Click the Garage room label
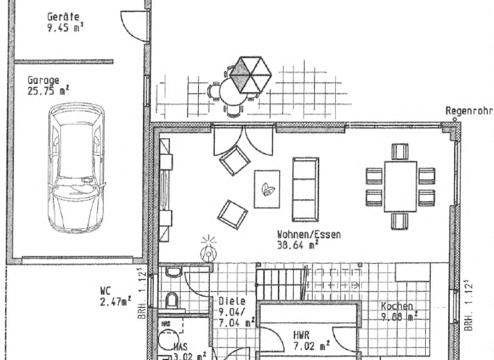click(x=43, y=80)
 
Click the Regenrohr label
click(x=468, y=111)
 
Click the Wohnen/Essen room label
click(x=309, y=235)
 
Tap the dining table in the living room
click(x=400, y=186)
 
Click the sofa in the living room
click(x=306, y=189)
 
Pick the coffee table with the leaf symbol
click(x=267, y=188)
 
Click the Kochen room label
click(x=397, y=306)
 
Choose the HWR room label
click(x=302, y=334)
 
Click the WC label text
click(x=106, y=290)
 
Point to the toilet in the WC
click(x=172, y=300)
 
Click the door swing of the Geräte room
click(x=134, y=26)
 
